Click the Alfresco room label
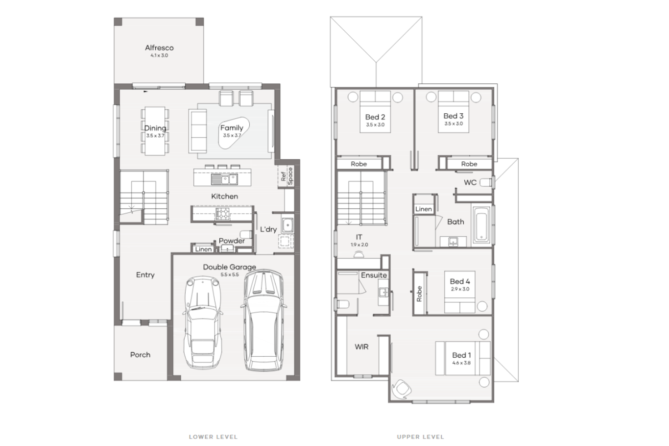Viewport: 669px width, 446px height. (x=159, y=48)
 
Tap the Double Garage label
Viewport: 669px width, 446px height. (x=229, y=267)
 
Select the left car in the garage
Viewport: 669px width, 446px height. (x=203, y=323)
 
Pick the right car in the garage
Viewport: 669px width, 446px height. (x=263, y=321)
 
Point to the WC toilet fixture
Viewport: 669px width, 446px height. (x=485, y=182)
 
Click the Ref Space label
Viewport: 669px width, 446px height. (x=287, y=175)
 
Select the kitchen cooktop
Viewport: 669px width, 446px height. (x=223, y=213)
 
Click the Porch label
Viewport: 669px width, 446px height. (x=140, y=354)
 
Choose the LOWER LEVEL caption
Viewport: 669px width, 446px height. (x=213, y=437)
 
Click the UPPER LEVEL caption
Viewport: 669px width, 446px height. (x=420, y=437)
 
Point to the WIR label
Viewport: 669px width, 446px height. (x=361, y=347)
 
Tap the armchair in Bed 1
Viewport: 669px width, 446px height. (x=403, y=388)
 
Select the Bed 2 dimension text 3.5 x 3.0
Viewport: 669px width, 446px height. (x=375, y=125)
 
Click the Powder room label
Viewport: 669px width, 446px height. (x=232, y=241)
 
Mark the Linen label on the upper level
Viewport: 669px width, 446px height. (x=424, y=209)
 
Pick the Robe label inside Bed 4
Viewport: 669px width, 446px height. (x=419, y=294)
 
